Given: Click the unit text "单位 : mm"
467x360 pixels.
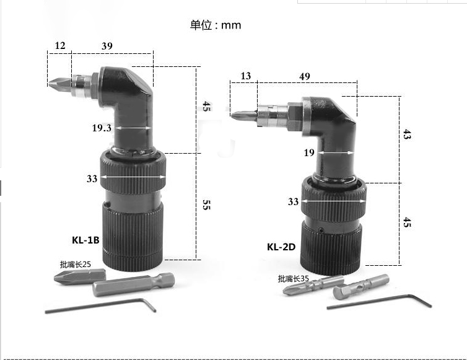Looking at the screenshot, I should click(215, 25).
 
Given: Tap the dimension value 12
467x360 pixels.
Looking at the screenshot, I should click(60, 46).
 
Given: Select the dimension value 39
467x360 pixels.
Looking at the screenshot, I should click(107, 46).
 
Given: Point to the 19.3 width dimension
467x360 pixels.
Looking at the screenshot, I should click(102, 128).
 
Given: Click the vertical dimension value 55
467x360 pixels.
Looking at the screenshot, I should click(206, 205).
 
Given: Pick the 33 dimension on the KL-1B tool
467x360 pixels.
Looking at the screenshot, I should click(92, 178).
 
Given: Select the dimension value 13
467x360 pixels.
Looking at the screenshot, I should click(246, 76).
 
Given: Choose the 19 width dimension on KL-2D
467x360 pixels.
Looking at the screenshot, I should click(309, 152).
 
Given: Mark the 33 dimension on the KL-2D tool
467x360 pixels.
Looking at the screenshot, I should click(294, 201).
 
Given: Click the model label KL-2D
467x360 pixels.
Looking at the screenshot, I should click(281, 247).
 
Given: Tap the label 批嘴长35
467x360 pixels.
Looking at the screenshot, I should click(293, 278).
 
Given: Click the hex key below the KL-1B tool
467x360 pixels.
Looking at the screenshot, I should click(102, 305).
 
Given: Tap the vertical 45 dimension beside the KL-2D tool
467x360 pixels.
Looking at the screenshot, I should click(407, 221).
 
